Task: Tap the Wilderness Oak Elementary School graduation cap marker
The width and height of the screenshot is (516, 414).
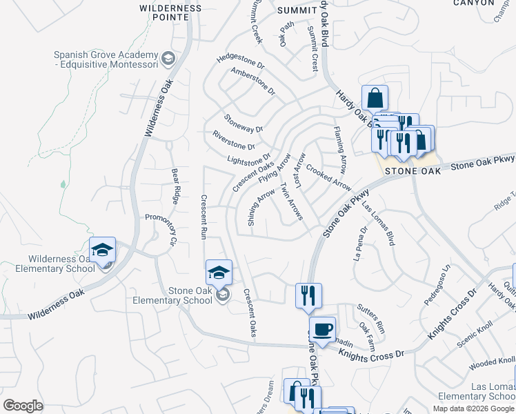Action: tap(102, 250)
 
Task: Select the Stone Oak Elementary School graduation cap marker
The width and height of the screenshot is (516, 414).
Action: tap(219, 273)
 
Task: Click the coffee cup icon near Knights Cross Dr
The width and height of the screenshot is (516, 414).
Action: tap(321, 330)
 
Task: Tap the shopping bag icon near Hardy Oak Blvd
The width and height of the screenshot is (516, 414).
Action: tap(375, 99)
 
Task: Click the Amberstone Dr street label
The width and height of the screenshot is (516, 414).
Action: tap(253, 81)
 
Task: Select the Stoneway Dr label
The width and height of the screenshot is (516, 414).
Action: tap(244, 124)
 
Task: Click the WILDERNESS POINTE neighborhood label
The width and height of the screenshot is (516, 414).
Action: tap(171, 14)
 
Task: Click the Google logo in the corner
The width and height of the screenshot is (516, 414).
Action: tap(23, 406)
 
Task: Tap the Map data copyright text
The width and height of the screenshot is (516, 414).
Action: tap(474, 408)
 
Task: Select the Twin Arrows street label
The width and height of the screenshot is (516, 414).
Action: tap(291, 201)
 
